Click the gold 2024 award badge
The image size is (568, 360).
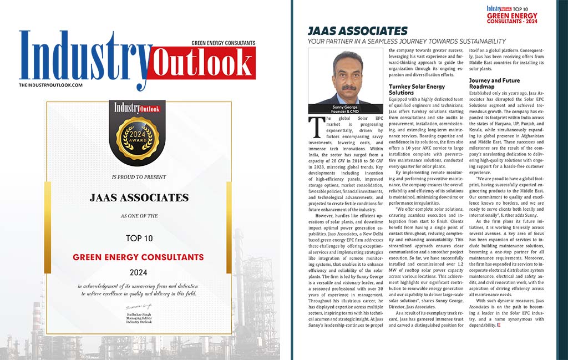pyautogui.click(x=138, y=138)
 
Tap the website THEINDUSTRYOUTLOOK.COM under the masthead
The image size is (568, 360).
pyautogui.click(x=50, y=85)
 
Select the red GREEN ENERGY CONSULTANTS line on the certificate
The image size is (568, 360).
pyautogui.click(x=138, y=257)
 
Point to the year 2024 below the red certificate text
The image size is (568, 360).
pyautogui.click(x=138, y=272)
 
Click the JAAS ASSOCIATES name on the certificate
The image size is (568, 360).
pyautogui.click(x=138, y=197)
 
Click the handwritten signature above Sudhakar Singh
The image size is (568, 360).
pyautogui.click(x=138, y=306)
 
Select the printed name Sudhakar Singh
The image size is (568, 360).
pyautogui.click(x=138, y=313)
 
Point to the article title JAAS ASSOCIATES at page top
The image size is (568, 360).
pyautogui.click(x=358, y=31)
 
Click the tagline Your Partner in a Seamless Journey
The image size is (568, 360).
pyautogui.click(x=407, y=42)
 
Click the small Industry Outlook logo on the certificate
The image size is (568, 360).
pyautogui.click(x=138, y=108)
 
